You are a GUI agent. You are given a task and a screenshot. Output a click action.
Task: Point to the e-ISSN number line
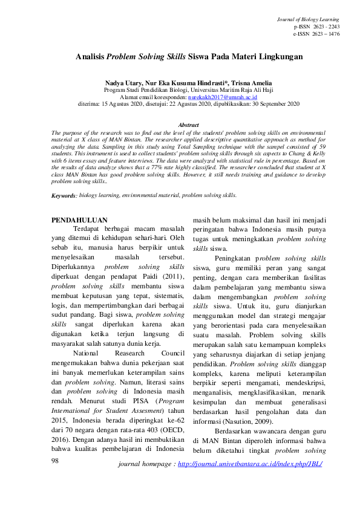point(316,34)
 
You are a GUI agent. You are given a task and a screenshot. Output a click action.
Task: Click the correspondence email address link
point(223,97)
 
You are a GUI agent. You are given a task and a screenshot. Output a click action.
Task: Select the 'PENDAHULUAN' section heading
point(80,220)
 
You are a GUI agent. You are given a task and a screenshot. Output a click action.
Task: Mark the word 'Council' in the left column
point(171,353)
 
